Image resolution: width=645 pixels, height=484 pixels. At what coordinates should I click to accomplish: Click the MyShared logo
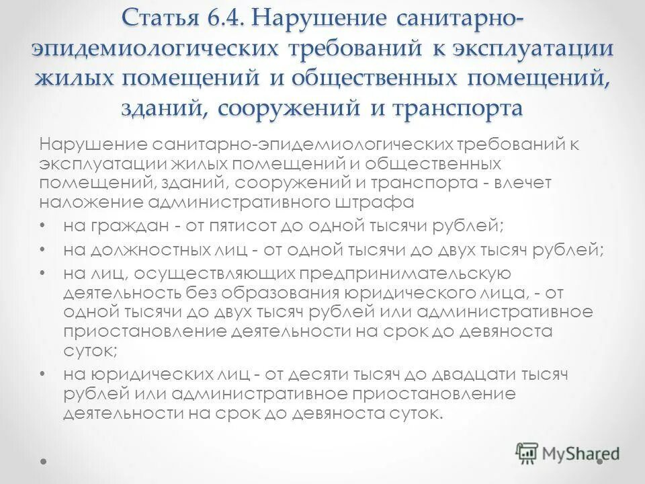[x=568, y=453]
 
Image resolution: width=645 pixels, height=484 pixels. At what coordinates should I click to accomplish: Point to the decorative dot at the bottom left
[x=44, y=462]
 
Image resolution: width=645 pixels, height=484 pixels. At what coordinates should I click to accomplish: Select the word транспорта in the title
[x=458, y=108]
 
